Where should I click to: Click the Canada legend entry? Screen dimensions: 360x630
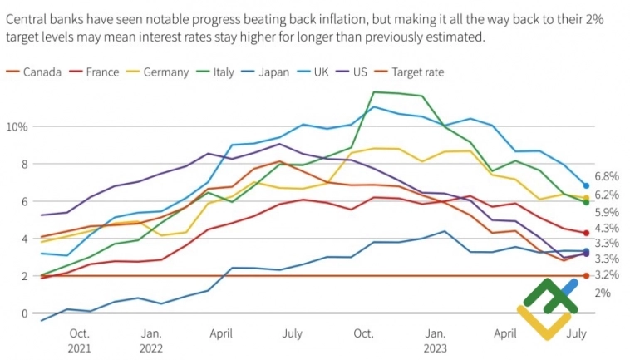42,72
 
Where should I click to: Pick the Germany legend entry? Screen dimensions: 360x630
165,72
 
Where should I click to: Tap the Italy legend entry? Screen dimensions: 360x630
223,72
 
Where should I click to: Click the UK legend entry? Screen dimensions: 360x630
321,72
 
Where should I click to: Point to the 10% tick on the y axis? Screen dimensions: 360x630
17,126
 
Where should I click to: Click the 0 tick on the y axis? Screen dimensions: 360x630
23,313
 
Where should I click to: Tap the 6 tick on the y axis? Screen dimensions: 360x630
23,201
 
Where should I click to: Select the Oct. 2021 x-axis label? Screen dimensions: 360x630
79,339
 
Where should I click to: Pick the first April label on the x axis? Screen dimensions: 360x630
220,333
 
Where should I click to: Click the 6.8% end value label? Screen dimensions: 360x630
607,176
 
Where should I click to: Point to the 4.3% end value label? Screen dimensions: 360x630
607,228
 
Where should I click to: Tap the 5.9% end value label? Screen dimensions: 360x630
607,212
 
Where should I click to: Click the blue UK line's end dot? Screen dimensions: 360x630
586,186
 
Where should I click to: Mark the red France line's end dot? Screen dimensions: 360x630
586,234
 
